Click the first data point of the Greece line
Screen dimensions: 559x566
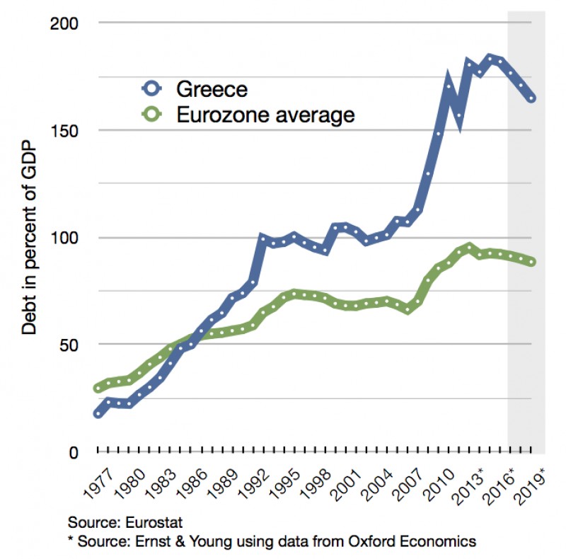click(98, 413)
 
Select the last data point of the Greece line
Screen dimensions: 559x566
click(531, 98)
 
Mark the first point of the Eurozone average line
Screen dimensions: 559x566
click(98, 388)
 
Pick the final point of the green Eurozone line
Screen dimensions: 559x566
click(531, 262)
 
